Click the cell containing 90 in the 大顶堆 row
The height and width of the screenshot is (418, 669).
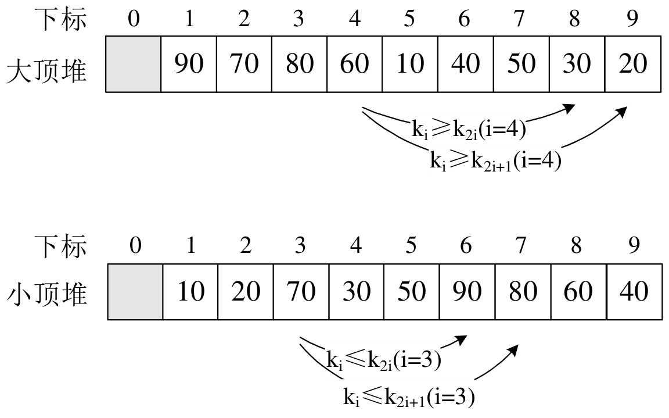click(x=189, y=63)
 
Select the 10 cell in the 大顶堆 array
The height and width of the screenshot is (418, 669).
click(x=410, y=63)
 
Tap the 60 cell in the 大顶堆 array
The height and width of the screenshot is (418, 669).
click(x=354, y=63)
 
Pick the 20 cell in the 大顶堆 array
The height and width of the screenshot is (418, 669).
click(x=633, y=63)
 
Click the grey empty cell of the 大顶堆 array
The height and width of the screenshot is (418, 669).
click(x=133, y=63)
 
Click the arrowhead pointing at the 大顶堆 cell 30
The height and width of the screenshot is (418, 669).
click(x=570, y=108)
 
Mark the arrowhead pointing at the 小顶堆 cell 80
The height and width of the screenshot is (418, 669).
click(x=514, y=348)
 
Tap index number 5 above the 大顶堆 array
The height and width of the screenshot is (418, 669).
click(x=410, y=19)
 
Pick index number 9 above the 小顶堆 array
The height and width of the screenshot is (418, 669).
click(x=634, y=246)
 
